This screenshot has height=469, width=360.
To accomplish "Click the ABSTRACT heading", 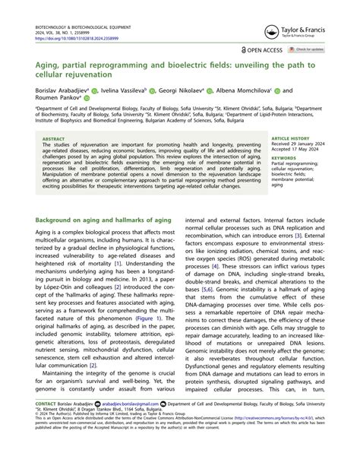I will (55, 139).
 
